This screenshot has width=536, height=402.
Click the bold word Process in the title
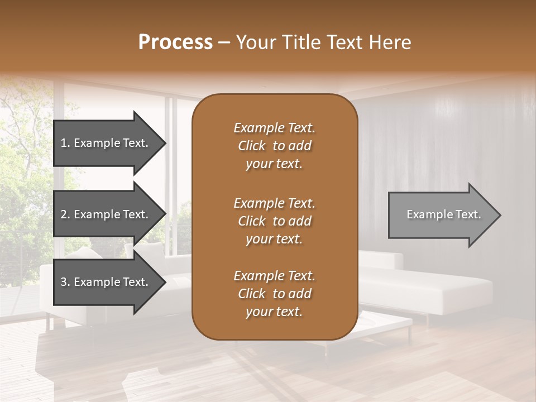coord(175,42)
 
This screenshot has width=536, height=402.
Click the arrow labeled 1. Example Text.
coord(106,143)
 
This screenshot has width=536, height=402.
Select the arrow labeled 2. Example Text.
coord(106,214)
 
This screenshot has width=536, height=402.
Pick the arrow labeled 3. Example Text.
coord(106,282)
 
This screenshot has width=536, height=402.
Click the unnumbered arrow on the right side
coord(441,214)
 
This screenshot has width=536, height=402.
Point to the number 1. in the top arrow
coord(65,143)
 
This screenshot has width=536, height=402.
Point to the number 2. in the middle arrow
coord(65,214)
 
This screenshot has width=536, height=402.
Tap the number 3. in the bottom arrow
coord(65,282)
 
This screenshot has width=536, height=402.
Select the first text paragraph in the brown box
coord(274,146)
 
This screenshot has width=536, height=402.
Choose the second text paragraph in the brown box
coord(274,221)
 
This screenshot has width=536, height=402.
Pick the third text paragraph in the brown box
coord(274,294)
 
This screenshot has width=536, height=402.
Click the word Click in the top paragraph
coord(252,146)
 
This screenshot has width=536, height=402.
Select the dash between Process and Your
coord(224,43)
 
